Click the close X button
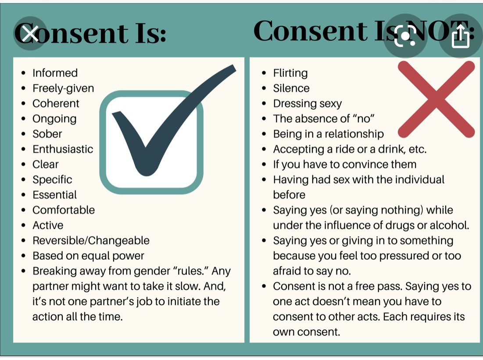pyautogui.click(x=30, y=33)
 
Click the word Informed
pyautogui.click(x=55, y=73)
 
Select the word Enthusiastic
pyautogui.click(x=63, y=149)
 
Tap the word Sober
pyautogui.click(x=47, y=134)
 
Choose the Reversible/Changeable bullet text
pyautogui.click(x=91, y=241)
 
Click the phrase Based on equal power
pyautogui.click(x=88, y=256)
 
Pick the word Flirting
pyautogui.click(x=290, y=73)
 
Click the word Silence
pyautogui.click(x=291, y=88)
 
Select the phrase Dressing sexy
pyautogui.click(x=307, y=104)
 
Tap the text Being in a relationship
pyautogui.click(x=328, y=134)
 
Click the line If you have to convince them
pyautogui.click(x=344, y=165)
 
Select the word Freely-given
pyautogui.click(x=63, y=88)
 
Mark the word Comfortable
pyautogui.click(x=64, y=210)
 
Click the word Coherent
pyautogui.click(x=56, y=104)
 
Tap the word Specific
pyautogui.click(x=52, y=180)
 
